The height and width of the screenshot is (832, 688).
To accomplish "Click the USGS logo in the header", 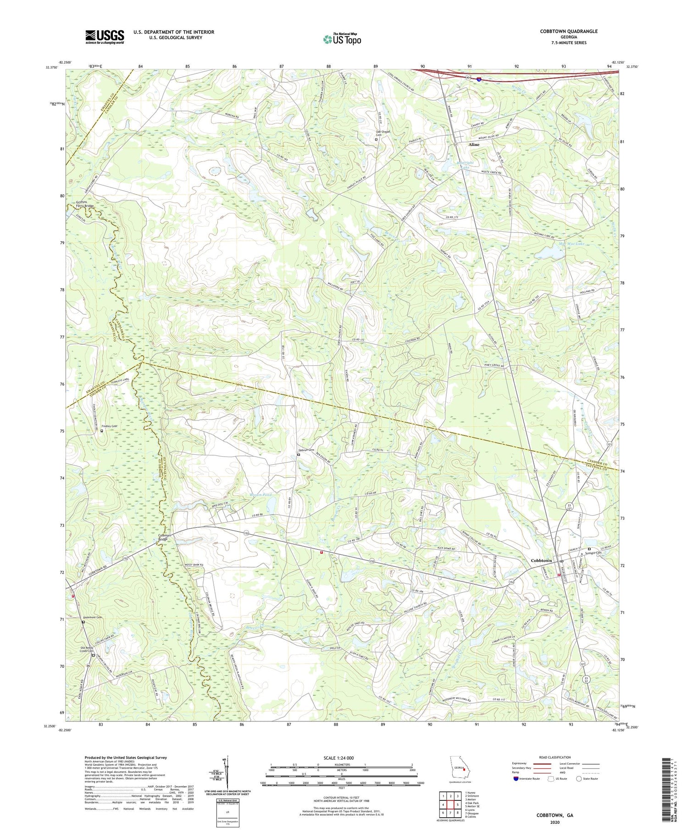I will tap(105, 37).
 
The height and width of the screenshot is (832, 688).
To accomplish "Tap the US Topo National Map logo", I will tap(342, 39).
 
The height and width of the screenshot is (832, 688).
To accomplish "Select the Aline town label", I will tap(473, 145).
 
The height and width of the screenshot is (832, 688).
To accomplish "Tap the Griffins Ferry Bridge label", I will tap(84, 204).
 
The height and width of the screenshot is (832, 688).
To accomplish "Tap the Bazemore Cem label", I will tap(92, 617).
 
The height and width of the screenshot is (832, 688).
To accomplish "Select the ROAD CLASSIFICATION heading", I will tap(555, 757).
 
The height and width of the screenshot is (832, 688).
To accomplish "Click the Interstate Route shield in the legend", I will tap(516, 779).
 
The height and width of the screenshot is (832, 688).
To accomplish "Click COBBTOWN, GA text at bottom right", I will tap(555, 815).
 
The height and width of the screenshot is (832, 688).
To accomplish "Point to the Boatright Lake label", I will tap(466, 165).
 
